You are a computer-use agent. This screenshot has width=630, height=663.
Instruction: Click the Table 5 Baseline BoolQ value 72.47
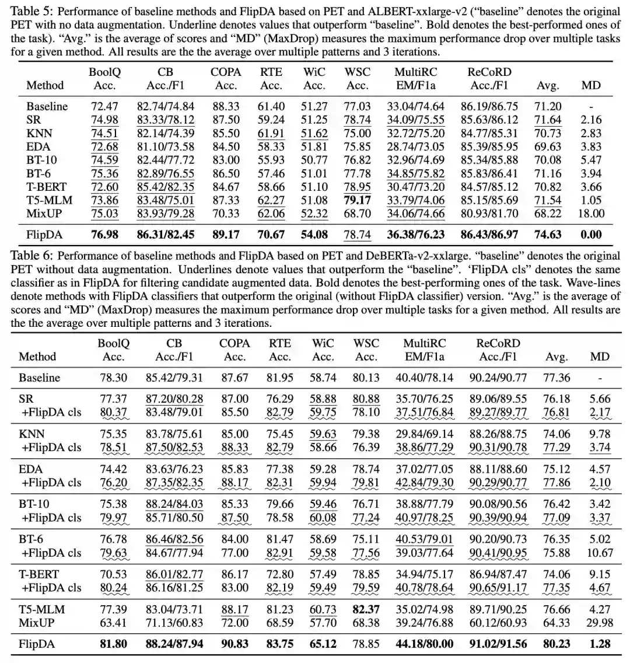tap(105, 106)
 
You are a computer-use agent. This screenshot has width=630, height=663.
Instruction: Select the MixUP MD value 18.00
tap(591, 213)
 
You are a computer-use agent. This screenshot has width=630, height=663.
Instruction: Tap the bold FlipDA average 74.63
tap(548, 235)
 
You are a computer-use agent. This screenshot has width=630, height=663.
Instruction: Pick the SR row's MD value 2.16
tap(591, 120)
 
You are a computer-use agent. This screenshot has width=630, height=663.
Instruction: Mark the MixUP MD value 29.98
tap(599, 623)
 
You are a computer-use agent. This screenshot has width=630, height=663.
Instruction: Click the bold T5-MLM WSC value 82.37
tap(366, 610)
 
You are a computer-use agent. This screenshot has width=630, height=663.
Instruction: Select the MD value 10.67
tap(599, 553)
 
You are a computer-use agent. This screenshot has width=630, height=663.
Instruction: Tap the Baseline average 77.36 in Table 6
tap(556, 378)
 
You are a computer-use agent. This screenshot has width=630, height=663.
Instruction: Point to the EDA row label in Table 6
tap(31, 469)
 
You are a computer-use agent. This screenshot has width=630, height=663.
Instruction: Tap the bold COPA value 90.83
tap(235, 644)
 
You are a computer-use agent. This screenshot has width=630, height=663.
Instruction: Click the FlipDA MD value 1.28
tap(599, 644)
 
